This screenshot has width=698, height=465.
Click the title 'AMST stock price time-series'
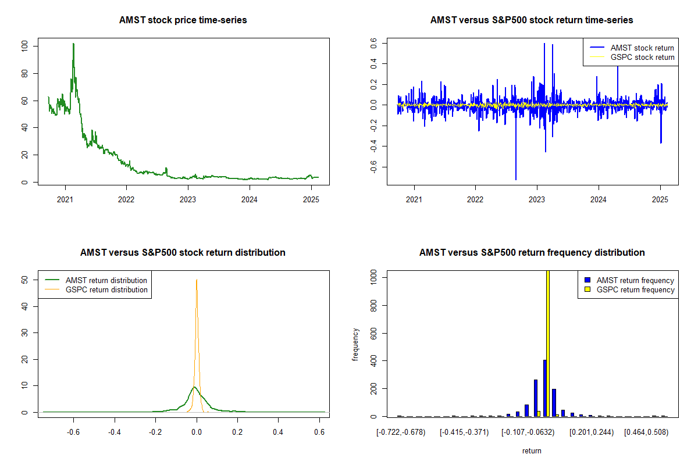pyautogui.click(x=183, y=20)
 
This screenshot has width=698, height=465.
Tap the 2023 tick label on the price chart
pyautogui.click(x=187, y=199)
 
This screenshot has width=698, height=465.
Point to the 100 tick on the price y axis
pyautogui.click(x=24, y=46)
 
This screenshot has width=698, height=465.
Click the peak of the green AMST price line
pyautogui.click(x=73, y=44)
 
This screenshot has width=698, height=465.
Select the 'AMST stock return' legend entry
pyautogui.click(x=632, y=48)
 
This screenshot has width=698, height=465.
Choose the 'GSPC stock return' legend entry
pyautogui.click(x=632, y=58)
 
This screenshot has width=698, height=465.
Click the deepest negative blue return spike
pyautogui.click(x=516, y=179)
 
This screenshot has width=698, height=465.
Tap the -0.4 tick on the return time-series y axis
pyautogui.click(x=373, y=146)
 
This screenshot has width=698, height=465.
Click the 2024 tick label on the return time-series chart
pyautogui.click(x=599, y=199)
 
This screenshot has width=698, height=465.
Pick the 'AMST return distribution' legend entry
pyautogui.click(x=96, y=280)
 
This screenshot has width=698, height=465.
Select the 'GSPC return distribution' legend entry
pyautogui.click(x=96, y=289)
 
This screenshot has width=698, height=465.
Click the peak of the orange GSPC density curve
pyautogui.click(x=197, y=280)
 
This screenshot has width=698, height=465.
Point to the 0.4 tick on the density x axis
pyautogui.click(x=278, y=432)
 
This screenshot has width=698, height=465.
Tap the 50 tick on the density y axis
pyautogui.click(x=24, y=280)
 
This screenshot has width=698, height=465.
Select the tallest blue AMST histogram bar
pyautogui.click(x=545, y=388)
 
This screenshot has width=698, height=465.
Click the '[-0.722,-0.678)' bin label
pyautogui.click(x=401, y=432)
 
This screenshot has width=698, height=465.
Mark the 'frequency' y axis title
pyautogui.click(x=355, y=345)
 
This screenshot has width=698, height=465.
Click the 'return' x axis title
pyautogui.click(x=532, y=451)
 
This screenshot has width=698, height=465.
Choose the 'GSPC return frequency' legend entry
pyautogui.click(x=629, y=289)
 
